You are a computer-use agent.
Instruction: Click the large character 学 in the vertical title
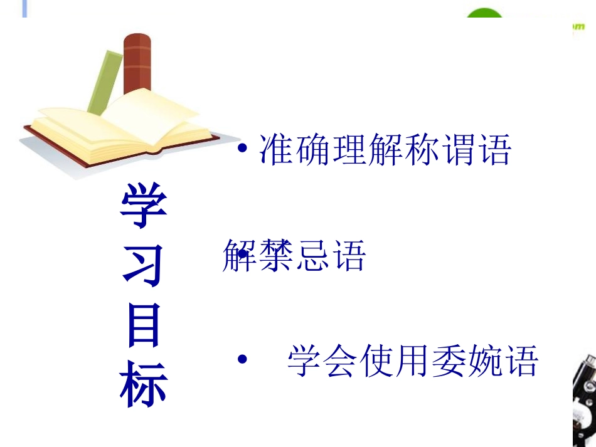(144, 206)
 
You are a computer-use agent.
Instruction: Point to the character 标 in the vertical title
(144, 382)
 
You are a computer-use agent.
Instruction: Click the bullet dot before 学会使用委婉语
(242, 360)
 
